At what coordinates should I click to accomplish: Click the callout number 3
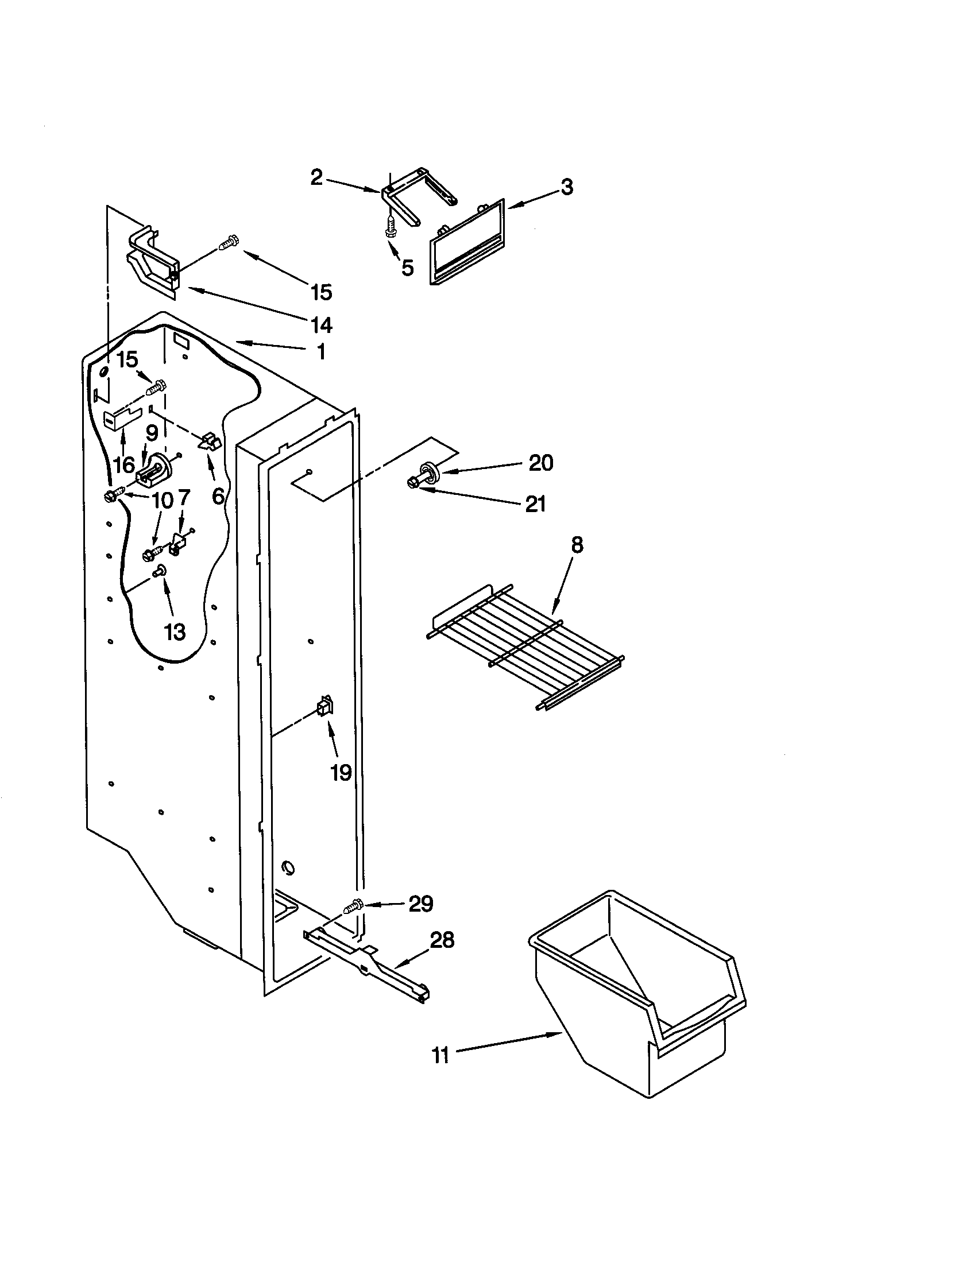click(x=567, y=187)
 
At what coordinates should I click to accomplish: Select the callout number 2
click(x=316, y=177)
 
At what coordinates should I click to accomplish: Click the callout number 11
click(x=440, y=1056)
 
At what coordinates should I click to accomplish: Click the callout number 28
click(x=442, y=940)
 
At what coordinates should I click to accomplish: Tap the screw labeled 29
click(x=353, y=905)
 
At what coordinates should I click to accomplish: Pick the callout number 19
click(x=341, y=772)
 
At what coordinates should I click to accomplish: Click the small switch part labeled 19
click(x=324, y=706)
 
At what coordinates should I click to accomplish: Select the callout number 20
click(x=541, y=463)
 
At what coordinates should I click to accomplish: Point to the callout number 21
click(x=535, y=504)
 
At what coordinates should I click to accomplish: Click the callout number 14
click(x=322, y=325)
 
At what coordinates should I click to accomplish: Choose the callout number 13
click(x=174, y=631)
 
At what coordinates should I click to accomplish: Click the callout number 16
click(x=124, y=464)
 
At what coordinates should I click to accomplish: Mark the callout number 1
click(x=321, y=351)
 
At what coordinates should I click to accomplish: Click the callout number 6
click(x=218, y=495)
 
